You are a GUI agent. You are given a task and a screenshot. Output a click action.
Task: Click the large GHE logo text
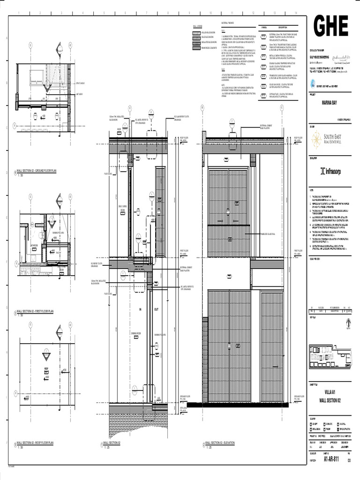coord(330,27)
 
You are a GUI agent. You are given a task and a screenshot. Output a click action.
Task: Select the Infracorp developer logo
coord(330,171)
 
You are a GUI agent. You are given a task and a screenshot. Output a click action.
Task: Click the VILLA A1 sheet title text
coord(330,391)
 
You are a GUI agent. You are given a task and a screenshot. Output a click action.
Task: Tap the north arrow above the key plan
coord(347,323)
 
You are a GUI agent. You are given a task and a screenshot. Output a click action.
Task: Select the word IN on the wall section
coord(140,310)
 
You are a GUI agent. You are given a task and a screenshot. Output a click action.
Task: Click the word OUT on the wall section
coord(157,310)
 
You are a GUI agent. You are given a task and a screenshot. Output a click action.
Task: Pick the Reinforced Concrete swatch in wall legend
coord(197,47)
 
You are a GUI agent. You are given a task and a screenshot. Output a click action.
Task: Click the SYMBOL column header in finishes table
coord(264,27)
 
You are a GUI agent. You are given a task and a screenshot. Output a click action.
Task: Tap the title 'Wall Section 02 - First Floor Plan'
coord(36,311)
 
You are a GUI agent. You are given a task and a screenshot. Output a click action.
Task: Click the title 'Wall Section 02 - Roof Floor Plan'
coord(36,442)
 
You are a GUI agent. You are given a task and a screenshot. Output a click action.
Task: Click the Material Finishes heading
coord(227,22)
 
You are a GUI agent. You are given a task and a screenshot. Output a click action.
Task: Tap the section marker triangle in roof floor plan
coord(46,356)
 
